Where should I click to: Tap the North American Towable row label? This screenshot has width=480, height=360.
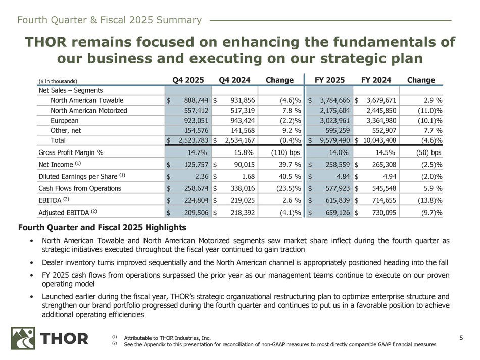point(86,100)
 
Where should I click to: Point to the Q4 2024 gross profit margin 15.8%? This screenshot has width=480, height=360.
point(245,152)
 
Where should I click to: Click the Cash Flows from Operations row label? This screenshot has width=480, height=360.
point(79,189)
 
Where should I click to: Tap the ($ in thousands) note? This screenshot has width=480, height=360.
point(58,81)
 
